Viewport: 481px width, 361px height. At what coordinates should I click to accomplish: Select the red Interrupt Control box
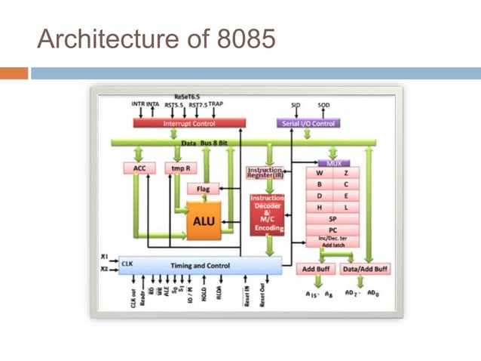[189, 123]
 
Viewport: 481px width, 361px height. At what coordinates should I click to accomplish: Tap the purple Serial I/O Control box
[308, 123]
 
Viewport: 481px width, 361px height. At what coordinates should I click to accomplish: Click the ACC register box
[139, 168]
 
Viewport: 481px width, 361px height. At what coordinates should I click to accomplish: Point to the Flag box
[203, 189]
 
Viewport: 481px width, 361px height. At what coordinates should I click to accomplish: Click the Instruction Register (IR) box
[265, 173]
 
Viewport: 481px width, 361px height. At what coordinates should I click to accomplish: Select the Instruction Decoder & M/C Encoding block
[267, 212]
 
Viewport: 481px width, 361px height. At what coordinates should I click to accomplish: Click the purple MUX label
[333, 162]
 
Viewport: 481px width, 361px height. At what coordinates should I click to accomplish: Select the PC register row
[332, 230]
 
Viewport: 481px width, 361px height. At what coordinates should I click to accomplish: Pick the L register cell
[346, 206]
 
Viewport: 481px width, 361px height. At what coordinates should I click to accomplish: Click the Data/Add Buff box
[365, 269]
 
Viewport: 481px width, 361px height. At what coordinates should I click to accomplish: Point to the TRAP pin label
[216, 104]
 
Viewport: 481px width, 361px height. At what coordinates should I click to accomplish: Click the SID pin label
[296, 105]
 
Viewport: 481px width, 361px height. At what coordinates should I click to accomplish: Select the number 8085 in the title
[241, 39]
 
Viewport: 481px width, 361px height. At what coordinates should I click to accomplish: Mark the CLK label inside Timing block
[127, 264]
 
